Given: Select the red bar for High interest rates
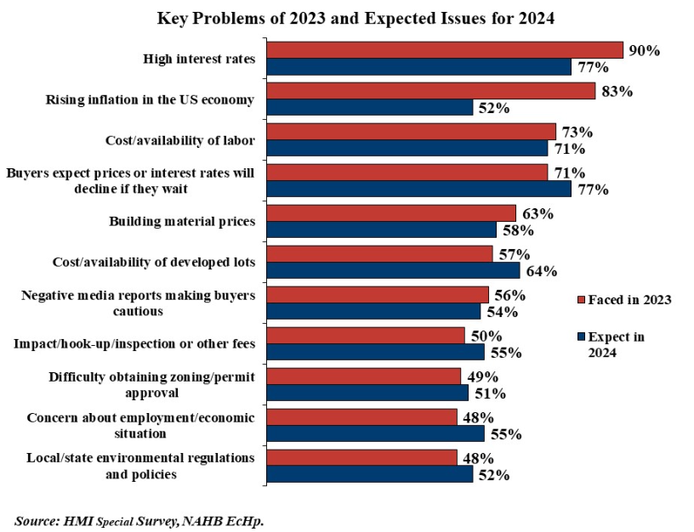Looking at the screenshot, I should click(444, 50).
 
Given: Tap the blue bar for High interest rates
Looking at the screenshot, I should click(418, 66).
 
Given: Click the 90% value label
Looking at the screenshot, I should click(644, 50).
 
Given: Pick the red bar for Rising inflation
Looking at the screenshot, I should click(430, 91).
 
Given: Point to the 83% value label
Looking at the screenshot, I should click(616, 91).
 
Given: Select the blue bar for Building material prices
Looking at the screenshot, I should click(381, 230).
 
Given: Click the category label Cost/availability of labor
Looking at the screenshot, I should click(179, 140).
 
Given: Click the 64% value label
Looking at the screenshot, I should click(540, 271).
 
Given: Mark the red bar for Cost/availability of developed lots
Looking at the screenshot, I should click(379, 254).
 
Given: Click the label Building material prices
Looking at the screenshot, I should click(182, 222).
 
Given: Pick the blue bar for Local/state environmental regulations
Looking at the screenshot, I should click(369, 474).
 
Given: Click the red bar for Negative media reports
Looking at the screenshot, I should click(377, 295).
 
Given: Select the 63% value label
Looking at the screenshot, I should click(537, 213).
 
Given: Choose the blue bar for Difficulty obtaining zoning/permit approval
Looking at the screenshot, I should click(367, 393).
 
